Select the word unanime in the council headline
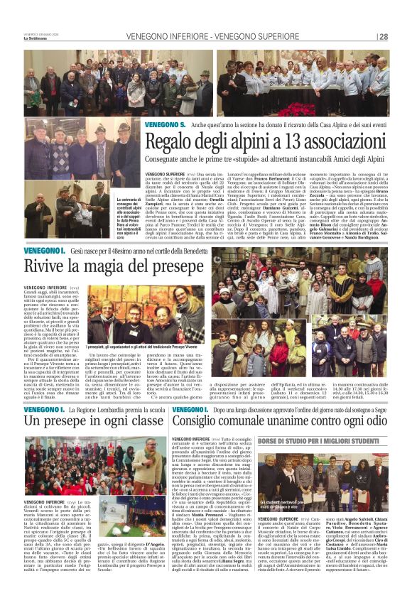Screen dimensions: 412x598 point(288,420)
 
